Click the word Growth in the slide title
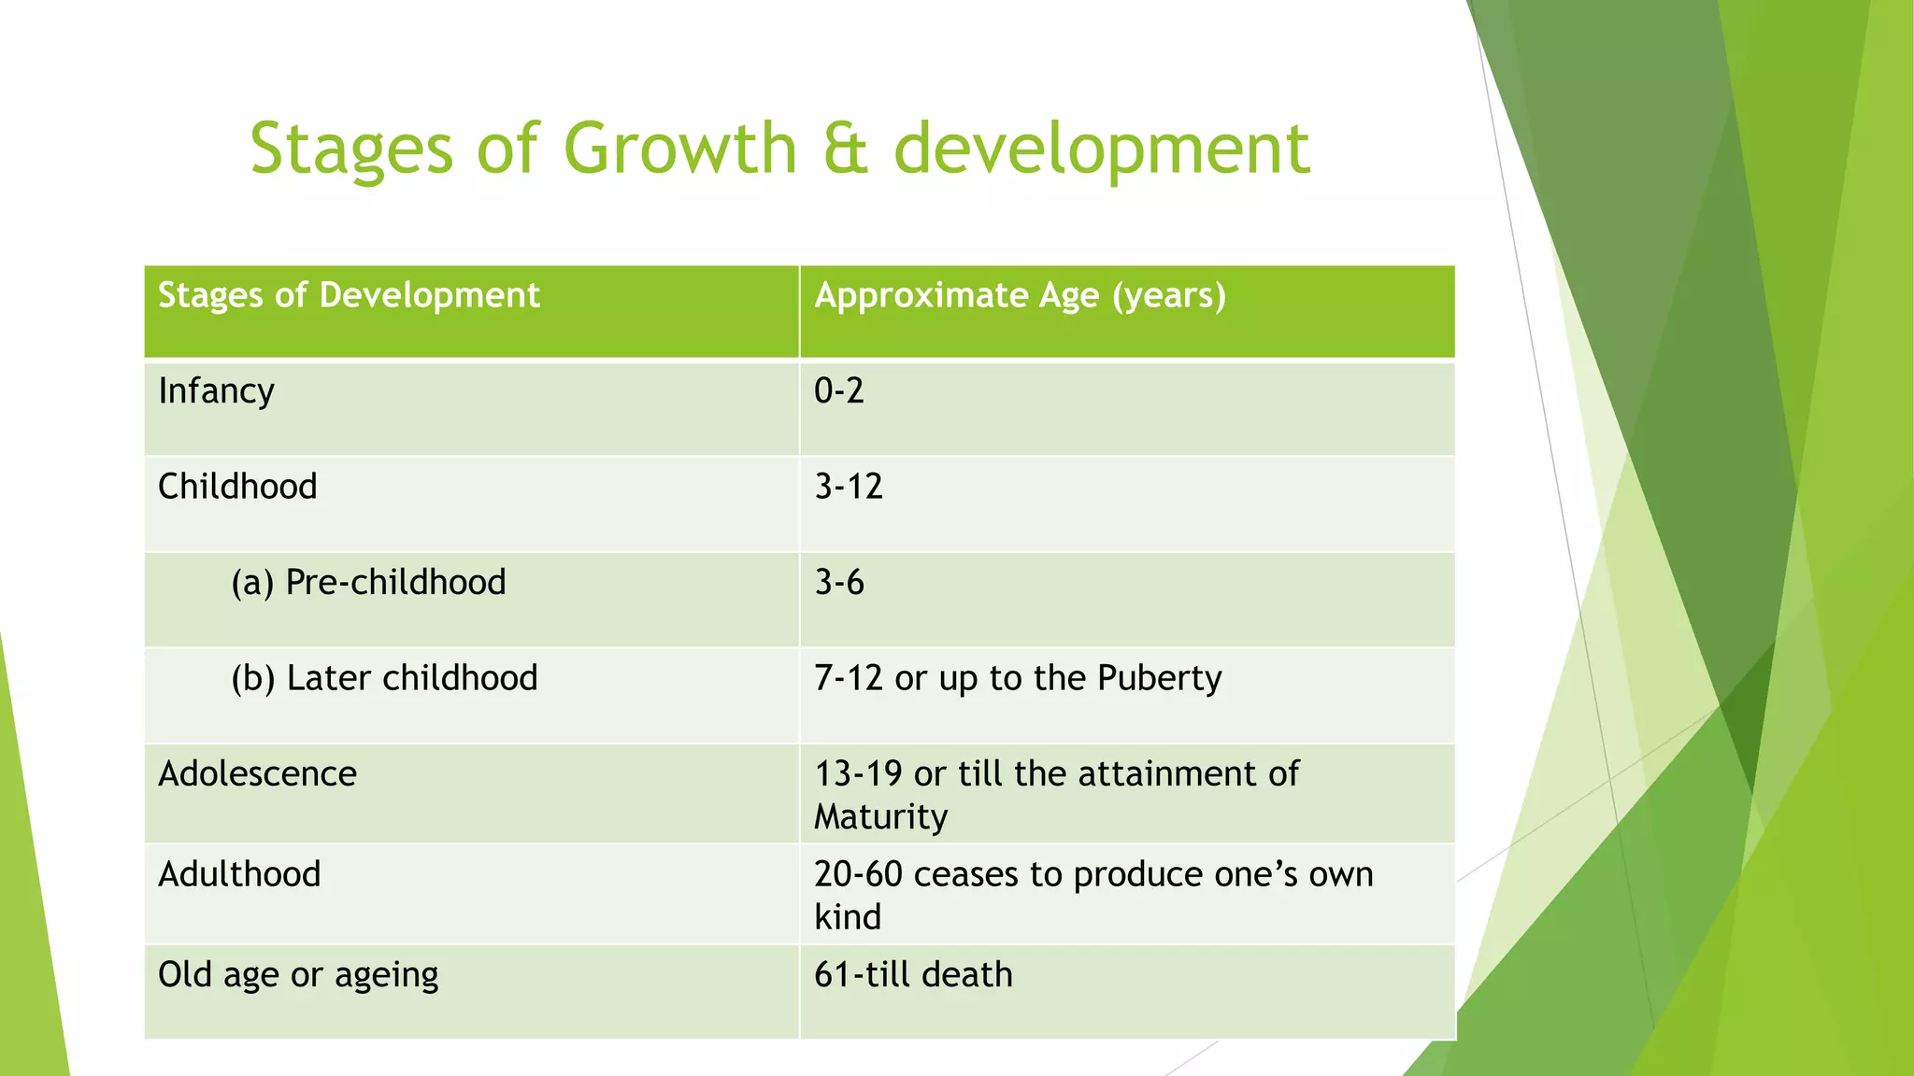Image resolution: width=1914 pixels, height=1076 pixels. [679, 149]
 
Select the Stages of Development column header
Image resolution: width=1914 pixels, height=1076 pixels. [349, 295]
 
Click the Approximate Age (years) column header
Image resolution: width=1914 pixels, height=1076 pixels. [1020, 295]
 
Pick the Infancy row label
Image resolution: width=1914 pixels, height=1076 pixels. [216, 390]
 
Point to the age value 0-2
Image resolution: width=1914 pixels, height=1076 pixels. [838, 390]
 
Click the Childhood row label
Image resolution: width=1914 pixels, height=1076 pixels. [237, 487]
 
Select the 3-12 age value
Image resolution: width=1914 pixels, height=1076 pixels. [848, 487]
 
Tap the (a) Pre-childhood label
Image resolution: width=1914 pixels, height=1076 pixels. [368, 583]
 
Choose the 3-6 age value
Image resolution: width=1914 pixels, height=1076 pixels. [838, 583]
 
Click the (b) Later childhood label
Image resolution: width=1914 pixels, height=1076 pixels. [384, 678]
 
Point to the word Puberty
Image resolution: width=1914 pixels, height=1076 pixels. [1159, 679]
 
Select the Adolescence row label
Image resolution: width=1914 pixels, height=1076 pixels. [257, 774]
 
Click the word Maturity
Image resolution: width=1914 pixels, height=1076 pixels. [880, 817]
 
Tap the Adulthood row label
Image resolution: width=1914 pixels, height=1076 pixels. [239, 874]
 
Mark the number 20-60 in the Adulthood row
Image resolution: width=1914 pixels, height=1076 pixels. [857, 874]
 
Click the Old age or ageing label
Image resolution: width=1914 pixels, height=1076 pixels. [298, 975]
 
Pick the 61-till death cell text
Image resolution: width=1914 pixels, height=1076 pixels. [913, 975]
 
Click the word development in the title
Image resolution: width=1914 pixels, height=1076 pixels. [1101, 149]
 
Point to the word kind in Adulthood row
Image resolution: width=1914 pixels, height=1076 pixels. [847, 917]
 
